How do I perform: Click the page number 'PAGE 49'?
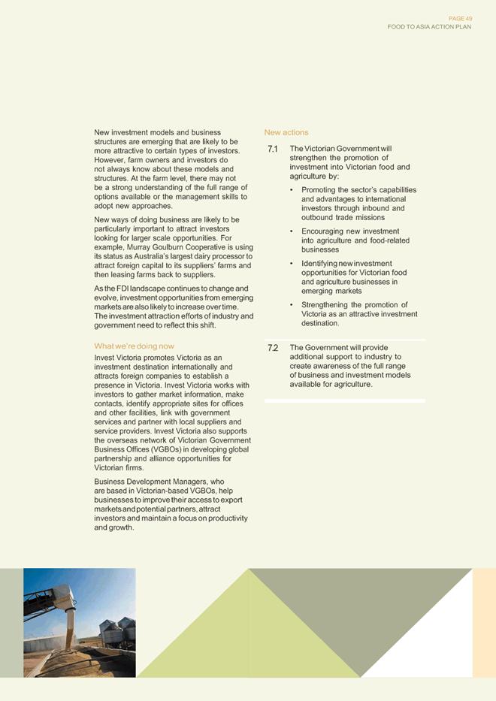[x=459, y=18]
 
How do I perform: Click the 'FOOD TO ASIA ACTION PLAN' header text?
[x=429, y=26]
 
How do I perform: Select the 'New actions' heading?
[x=286, y=132]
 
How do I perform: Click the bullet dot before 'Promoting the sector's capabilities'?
[x=292, y=190]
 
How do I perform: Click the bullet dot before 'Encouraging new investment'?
[x=292, y=231]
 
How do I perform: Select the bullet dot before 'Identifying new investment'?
[x=292, y=264]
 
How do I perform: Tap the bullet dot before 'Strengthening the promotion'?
[x=292, y=305]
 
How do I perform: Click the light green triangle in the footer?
[x=248, y=635]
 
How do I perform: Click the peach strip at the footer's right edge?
[x=484, y=623]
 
